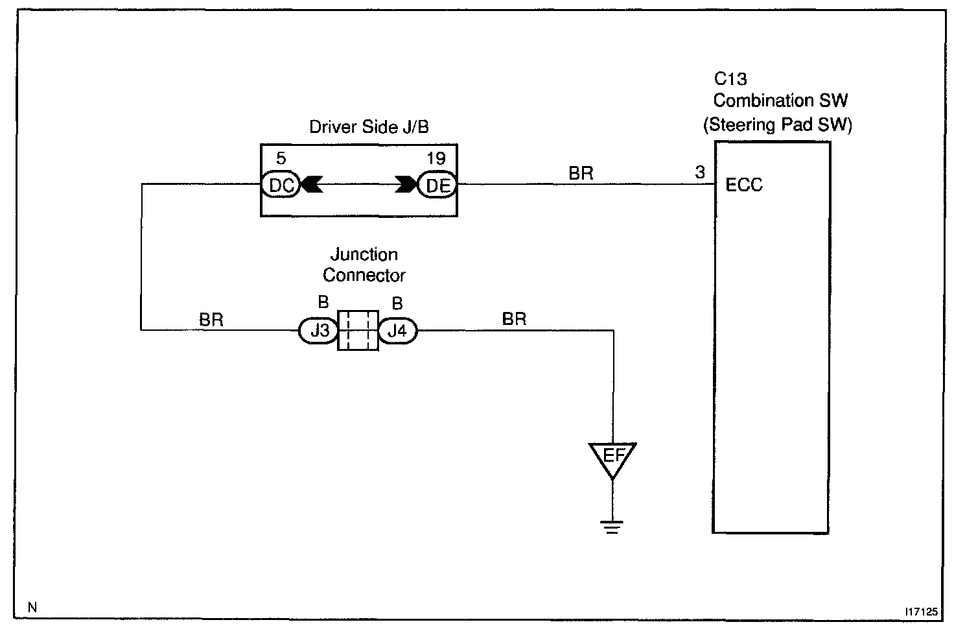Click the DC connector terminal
(x=281, y=185)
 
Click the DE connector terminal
(x=437, y=185)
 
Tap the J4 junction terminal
(x=397, y=331)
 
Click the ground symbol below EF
(x=612, y=527)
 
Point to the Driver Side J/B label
(x=369, y=126)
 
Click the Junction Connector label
(x=364, y=265)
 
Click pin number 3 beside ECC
(x=700, y=173)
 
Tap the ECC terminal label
(x=744, y=185)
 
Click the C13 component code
(x=730, y=79)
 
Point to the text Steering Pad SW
(x=778, y=124)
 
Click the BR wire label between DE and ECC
(x=581, y=173)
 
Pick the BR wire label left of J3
(x=211, y=319)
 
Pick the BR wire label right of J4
(x=514, y=318)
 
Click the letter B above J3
(x=323, y=303)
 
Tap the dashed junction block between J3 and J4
(x=358, y=331)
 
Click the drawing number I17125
(x=922, y=611)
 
